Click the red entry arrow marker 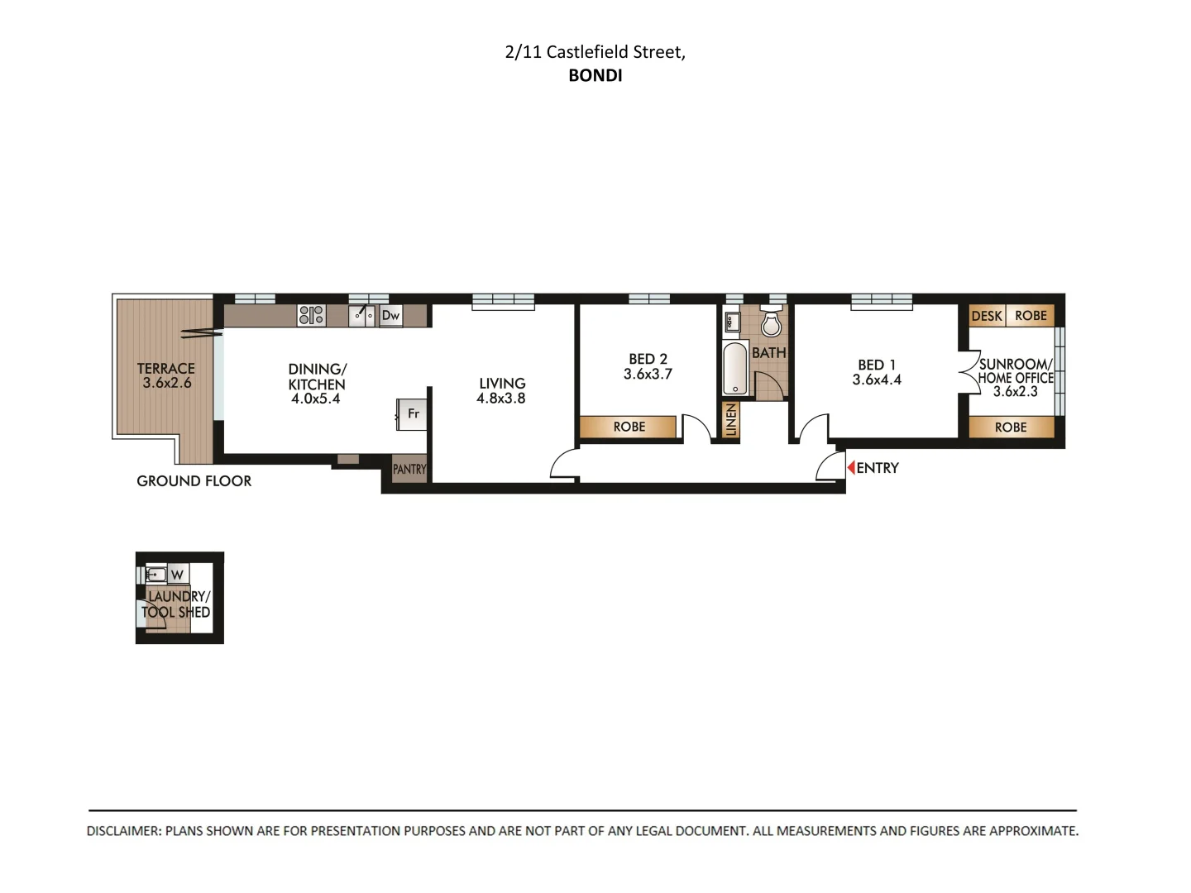pos(850,468)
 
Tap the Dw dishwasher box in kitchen pos(390,315)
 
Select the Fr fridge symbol pos(412,413)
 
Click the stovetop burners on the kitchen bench pos(311,315)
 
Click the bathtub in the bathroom pos(734,369)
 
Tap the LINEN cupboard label pos(730,420)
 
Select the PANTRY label pos(409,469)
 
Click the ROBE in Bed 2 pos(629,427)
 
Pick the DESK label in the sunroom pos(986,316)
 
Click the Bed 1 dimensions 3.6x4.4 pos(877,380)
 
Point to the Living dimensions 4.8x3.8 pos(500,399)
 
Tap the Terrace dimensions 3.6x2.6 pos(166,383)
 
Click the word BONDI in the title pos(595,75)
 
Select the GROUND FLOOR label pos(194,481)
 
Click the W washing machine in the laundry pos(177,575)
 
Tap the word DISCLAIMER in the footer pos(123,831)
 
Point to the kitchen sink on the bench pos(361,315)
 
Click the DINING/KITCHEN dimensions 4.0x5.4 pos(316,399)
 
